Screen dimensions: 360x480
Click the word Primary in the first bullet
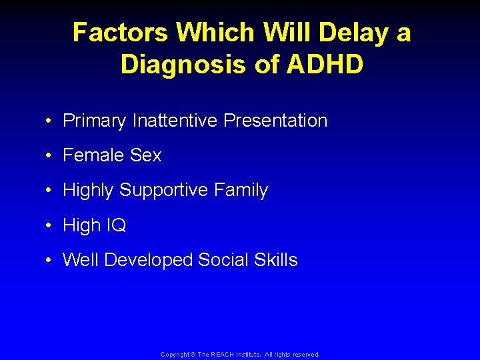94,121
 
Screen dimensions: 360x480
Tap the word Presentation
275,121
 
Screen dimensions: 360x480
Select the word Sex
146,155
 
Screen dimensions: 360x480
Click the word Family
241,190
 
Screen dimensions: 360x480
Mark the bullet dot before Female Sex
51,156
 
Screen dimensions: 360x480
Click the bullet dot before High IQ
51,226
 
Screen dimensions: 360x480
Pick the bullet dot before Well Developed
51,261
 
